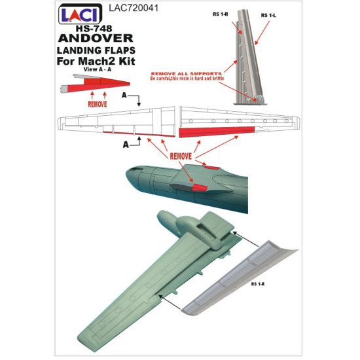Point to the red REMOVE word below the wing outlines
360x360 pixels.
point(179,157)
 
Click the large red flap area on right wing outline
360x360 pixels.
point(216,132)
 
